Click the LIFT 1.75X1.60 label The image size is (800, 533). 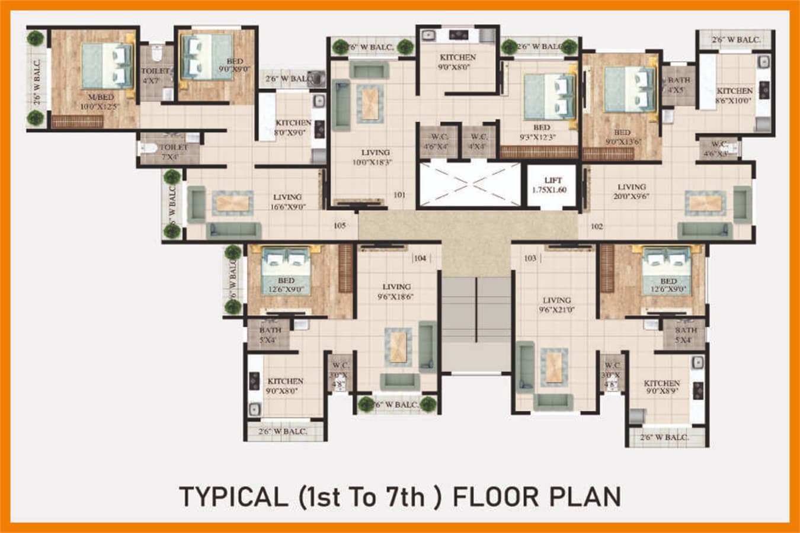(x=552, y=185)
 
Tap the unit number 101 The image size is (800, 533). (x=399, y=195)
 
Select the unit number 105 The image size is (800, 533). (x=340, y=226)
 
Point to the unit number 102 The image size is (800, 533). (x=597, y=226)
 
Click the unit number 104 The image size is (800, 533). (x=420, y=258)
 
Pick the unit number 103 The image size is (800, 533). (x=530, y=258)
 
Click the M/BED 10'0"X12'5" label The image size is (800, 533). (x=100, y=102)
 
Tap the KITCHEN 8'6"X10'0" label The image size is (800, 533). (x=734, y=95)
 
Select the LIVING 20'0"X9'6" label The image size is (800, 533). (x=631, y=191)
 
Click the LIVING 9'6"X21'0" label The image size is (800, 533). (x=556, y=305)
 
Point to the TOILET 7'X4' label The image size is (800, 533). (x=173, y=152)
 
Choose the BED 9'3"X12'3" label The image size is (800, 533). (x=541, y=132)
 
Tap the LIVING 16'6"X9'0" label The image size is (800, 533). (x=287, y=202)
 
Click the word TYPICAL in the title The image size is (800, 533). (x=233, y=496)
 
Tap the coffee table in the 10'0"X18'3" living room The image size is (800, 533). (x=369, y=102)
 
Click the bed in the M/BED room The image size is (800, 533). (x=107, y=66)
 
